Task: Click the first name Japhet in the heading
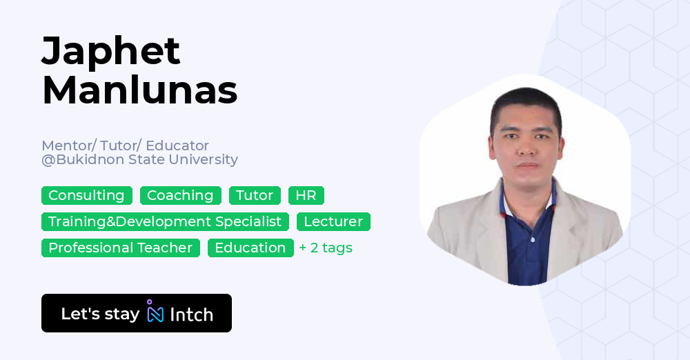coord(111,52)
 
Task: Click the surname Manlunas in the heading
coord(139,90)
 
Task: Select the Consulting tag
coord(86,196)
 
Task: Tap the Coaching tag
coord(180,196)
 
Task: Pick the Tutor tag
coord(255,196)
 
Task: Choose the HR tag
coord(306,196)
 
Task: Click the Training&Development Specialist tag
coord(165,222)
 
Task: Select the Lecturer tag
coord(333,222)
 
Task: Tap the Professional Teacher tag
coord(121,248)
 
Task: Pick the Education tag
coord(250,248)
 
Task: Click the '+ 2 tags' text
coord(326,248)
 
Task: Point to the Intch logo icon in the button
coord(155,312)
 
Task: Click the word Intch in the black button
coord(191,314)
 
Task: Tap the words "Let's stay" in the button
coord(100,314)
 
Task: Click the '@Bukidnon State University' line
coord(139,160)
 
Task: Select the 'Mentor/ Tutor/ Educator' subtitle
coord(125,146)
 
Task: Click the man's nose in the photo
coord(528,150)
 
